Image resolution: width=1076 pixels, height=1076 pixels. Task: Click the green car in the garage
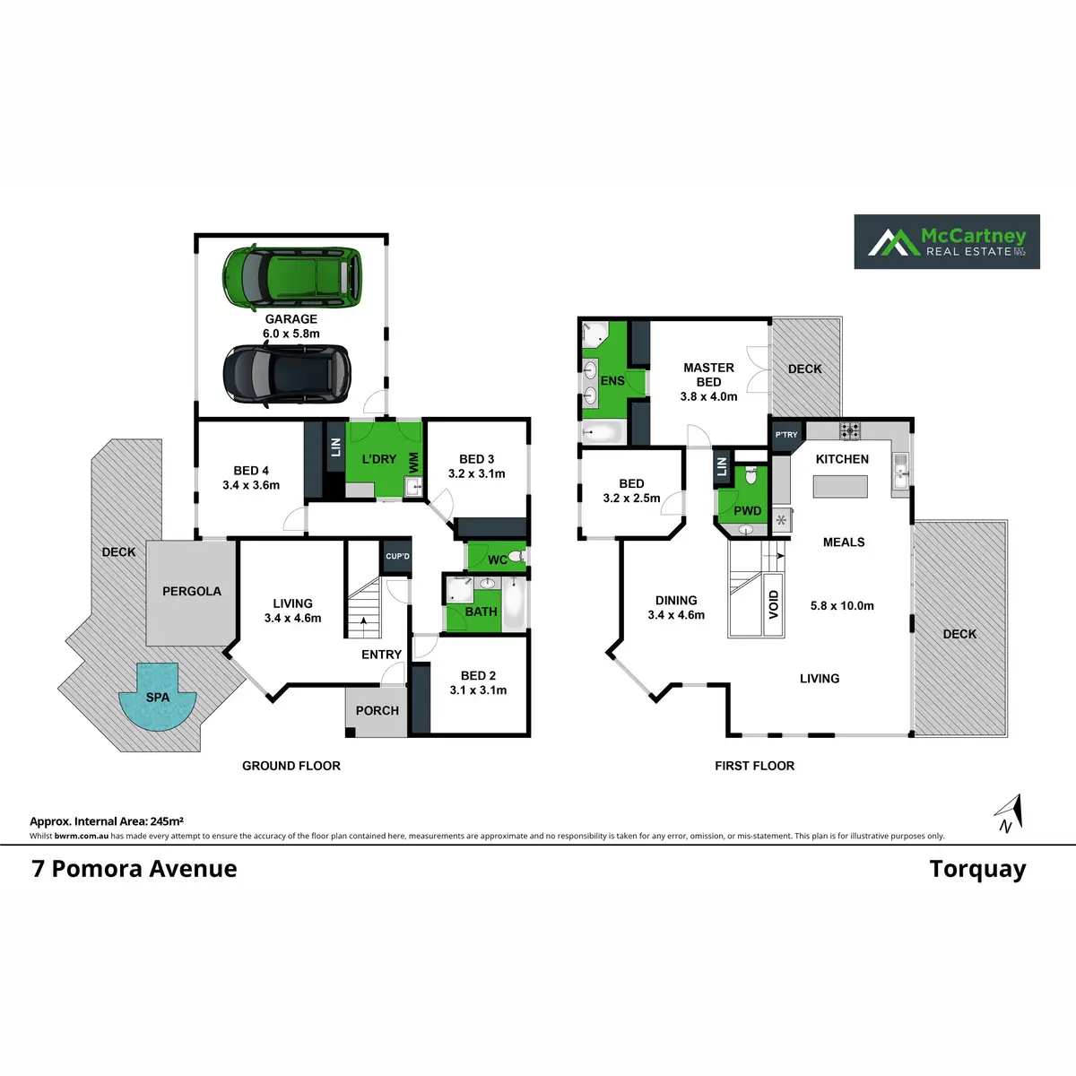point(291,276)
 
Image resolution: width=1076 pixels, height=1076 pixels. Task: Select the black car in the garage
point(287,374)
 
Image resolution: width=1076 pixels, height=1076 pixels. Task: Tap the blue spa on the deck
point(158,697)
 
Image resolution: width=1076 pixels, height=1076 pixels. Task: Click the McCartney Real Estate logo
point(947,242)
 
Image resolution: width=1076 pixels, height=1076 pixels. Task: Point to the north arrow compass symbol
point(1009,814)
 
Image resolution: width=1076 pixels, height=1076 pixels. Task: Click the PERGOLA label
point(192,591)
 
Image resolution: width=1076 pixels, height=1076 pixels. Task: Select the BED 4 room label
point(251,471)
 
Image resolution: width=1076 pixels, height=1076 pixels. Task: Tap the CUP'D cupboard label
point(397,556)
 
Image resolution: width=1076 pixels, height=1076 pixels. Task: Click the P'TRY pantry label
point(786,434)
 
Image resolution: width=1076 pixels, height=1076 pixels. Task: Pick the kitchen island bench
point(840,486)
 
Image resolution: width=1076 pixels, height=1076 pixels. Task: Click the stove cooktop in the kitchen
point(850,430)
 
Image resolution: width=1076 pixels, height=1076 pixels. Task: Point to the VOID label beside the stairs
point(773,604)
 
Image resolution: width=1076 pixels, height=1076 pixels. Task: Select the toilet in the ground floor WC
point(517,556)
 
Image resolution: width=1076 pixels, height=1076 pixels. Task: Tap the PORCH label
point(377,711)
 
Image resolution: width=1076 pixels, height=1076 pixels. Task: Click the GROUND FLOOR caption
point(291,766)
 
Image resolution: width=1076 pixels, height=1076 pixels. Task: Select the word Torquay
point(977,871)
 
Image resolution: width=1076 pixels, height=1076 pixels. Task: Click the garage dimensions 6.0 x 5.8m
point(291,334)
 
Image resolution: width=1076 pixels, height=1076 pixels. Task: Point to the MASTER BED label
point(708,375)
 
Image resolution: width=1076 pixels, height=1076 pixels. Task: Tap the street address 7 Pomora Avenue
point(134,869)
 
